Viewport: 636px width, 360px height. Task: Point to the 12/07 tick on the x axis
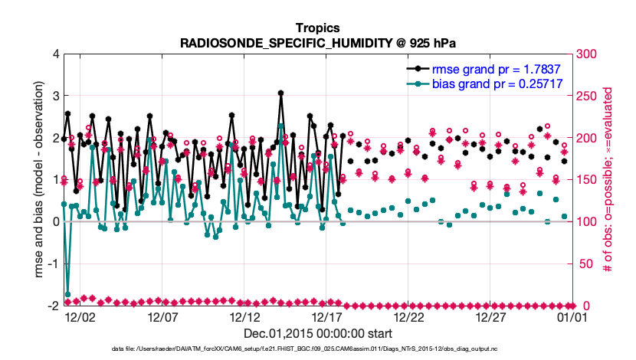point(162,316)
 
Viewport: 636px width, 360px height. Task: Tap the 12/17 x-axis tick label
point(327,316)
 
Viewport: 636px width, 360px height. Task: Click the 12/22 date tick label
point(409,316)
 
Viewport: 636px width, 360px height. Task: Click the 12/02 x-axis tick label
point(80,316)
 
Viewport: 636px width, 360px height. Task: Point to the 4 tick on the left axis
point(54,54)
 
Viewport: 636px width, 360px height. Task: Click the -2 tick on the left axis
point(52,306)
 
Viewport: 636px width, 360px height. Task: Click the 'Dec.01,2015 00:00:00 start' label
point(318,333)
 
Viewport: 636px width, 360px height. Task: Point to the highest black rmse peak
point(281,93)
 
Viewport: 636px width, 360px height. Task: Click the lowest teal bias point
point(68,294)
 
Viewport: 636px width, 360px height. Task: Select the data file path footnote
point(318,349)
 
